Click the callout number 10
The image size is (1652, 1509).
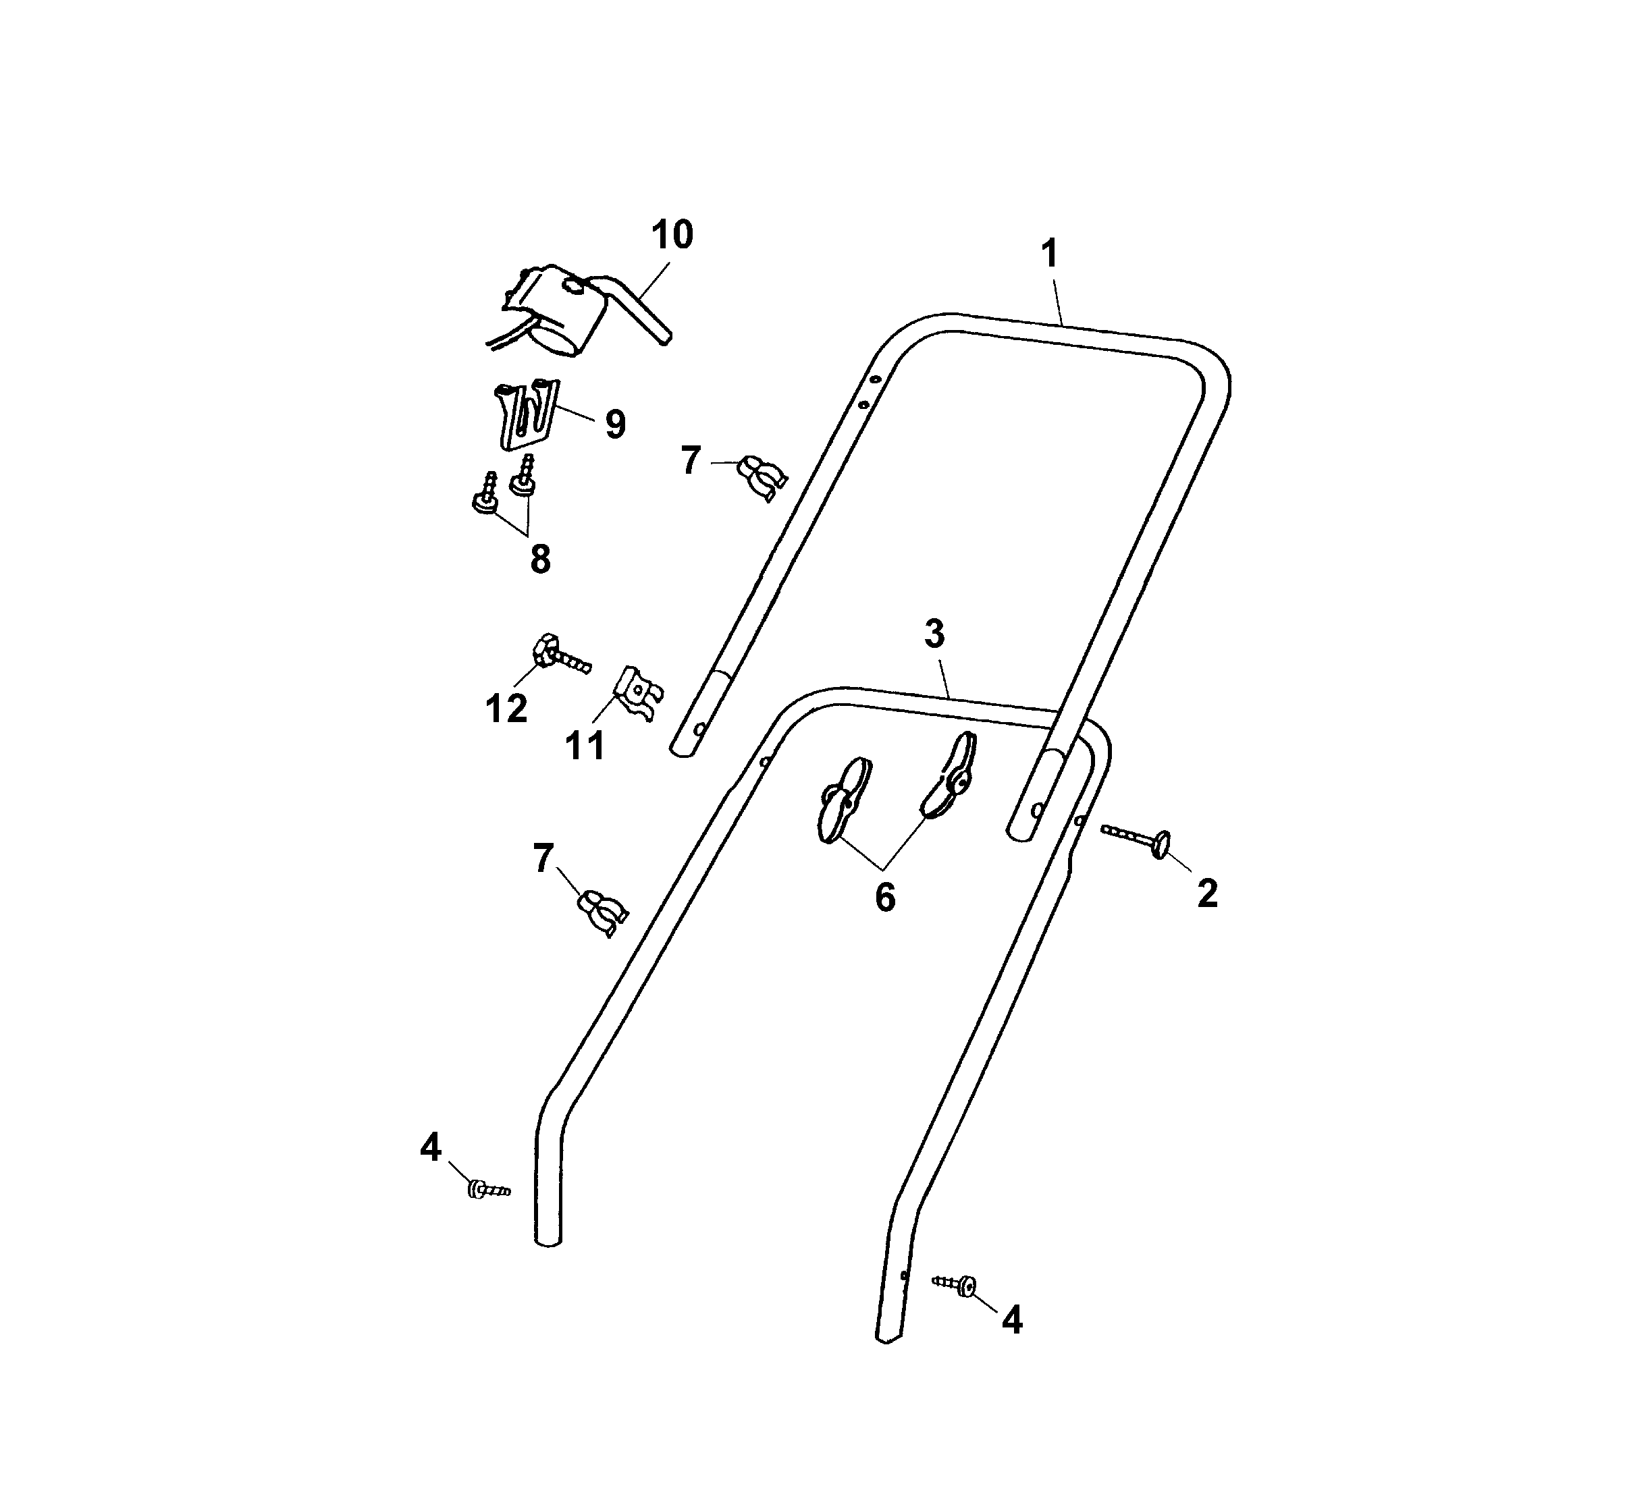(x=672, y=234)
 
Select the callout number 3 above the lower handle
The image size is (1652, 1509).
(x=934, y=633)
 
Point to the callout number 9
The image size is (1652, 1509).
(x=616, y=424)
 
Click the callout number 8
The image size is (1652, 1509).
(x=540, y=560)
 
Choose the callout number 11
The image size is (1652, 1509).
(x=585, y=746)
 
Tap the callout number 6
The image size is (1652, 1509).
(x=885, y=898)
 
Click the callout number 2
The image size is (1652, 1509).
(x=1207, y=894)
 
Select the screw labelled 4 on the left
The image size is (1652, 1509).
(x=488, y=1188)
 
